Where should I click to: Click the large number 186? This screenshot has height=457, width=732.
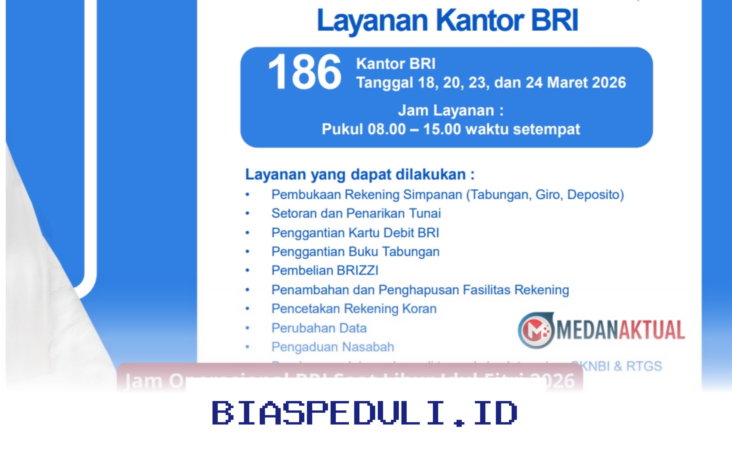(x=304, y=72)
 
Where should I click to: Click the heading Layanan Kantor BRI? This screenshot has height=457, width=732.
(x=447, y=21)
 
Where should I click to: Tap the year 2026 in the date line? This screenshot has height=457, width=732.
(x=608, y=83)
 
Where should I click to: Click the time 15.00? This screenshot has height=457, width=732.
(x=442, y=129)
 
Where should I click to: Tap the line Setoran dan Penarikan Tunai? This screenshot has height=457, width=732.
(x=356, y=213)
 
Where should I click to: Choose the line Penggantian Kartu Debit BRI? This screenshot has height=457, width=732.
(x=355, y=233)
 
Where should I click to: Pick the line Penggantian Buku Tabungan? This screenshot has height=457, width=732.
(x=355, y=251)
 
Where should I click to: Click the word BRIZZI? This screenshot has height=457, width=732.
(x=357, y=270)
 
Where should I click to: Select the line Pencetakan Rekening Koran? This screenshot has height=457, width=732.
(x=354, y=308)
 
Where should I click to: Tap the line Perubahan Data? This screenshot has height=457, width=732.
(x=319, y=328)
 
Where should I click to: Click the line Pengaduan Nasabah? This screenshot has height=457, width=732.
(x=333, y=347)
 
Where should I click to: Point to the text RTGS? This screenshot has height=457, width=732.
(x=644, y=366)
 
